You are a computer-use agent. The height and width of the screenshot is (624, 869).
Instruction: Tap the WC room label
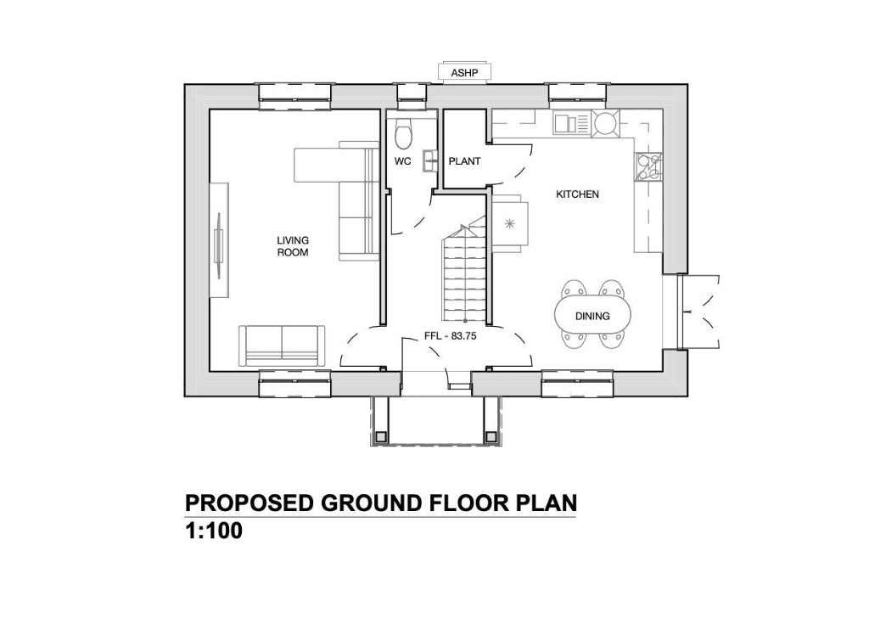(403, 160)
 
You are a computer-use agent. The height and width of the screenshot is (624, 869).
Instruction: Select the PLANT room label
(464, 160)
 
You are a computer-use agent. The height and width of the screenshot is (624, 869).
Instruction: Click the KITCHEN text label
(577, 194)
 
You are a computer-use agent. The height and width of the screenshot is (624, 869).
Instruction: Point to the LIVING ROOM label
(293, 246)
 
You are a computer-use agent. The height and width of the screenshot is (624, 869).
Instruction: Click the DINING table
(592, 316)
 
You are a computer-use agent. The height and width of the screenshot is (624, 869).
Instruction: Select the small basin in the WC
(430, 157)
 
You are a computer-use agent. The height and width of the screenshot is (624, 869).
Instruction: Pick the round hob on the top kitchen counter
(606, 124)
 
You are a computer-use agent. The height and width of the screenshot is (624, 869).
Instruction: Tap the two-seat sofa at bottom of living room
(280, 346)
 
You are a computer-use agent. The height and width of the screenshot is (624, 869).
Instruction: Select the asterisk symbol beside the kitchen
(510, 224)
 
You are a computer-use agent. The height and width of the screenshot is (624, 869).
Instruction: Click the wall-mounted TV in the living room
(220, 241)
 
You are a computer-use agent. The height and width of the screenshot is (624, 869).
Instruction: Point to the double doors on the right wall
(699, 311)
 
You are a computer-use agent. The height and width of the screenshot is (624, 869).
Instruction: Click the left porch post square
(381, 436)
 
